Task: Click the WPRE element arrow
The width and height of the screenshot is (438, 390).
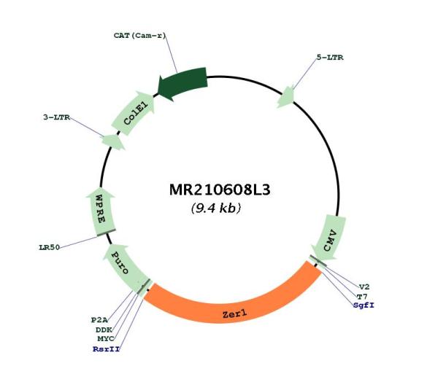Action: [x=101, y=212]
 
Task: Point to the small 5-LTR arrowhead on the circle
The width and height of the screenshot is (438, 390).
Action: [x=285, y=97]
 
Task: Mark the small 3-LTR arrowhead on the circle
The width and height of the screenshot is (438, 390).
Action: [x=113, y=141]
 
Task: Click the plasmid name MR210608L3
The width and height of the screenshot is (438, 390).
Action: [x=220, y=190]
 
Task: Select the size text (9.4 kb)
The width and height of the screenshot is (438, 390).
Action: [x=215, y=208]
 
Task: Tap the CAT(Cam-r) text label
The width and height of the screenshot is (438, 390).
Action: [x=139, y=36]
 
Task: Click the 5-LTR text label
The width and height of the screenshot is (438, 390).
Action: [x=330, y=58]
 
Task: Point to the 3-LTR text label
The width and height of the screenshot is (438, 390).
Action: [x=57, y=117]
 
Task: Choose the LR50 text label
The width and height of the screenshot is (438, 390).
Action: [x=50, y=247]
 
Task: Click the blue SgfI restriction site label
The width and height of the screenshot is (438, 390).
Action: [x=364, y=305]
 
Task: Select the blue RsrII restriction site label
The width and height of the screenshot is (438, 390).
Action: [x=107, y=349]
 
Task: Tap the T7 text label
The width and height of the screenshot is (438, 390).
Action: [x=362, y=296]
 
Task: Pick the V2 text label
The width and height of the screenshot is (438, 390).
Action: [x=364, y=286]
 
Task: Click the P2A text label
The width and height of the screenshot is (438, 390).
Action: [x=99, y=320]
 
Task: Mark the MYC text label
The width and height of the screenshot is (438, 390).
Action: [x=106, y=339]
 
